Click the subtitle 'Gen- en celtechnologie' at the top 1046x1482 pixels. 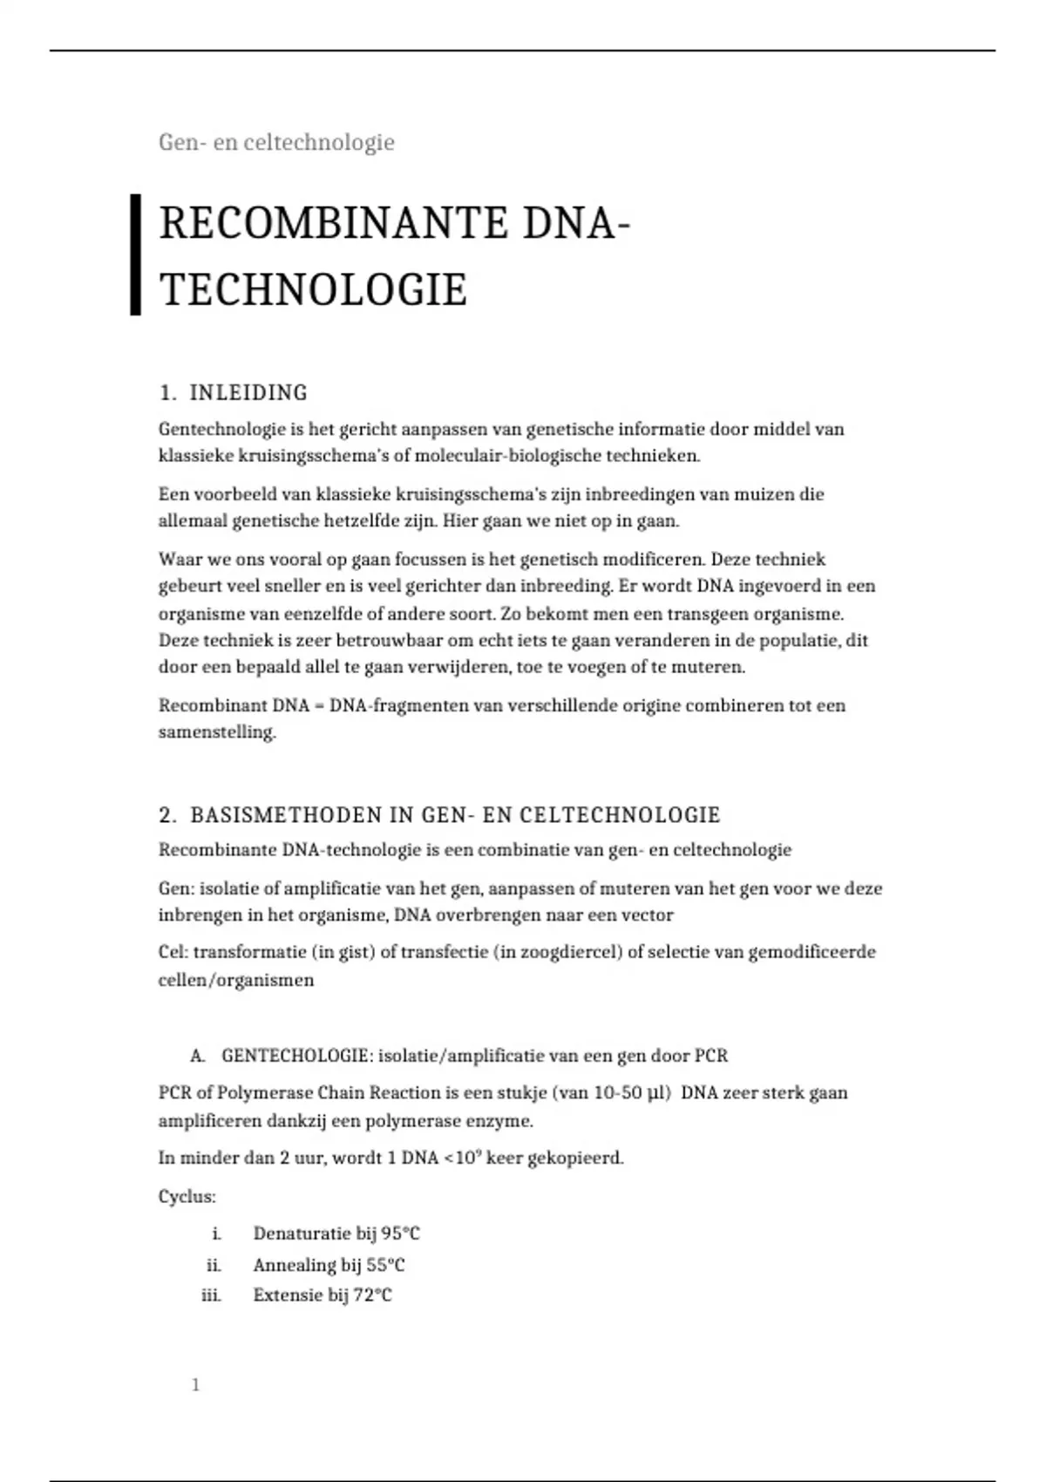tap(276, 142)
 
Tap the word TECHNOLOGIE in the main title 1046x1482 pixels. tap(314, 289)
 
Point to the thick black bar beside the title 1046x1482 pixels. tap(135, 255)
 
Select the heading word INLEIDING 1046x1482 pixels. tap(248, 393)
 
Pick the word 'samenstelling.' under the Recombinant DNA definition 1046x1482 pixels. tap(217, 732)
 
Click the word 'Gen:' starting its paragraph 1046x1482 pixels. tap(176, 889)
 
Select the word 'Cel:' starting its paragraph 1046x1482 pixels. tap(173, 952)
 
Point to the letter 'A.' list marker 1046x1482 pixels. tap(198, 1056)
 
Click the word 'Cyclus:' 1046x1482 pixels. tap(187, 1197)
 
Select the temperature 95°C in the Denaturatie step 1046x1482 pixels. tap(400, 1234)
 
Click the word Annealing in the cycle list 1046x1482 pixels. tap(295, 1265)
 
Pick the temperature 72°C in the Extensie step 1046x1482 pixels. tap(372, 1295)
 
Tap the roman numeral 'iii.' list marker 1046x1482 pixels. tap(211, 1295)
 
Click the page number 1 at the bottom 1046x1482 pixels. tap(195, 1385)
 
